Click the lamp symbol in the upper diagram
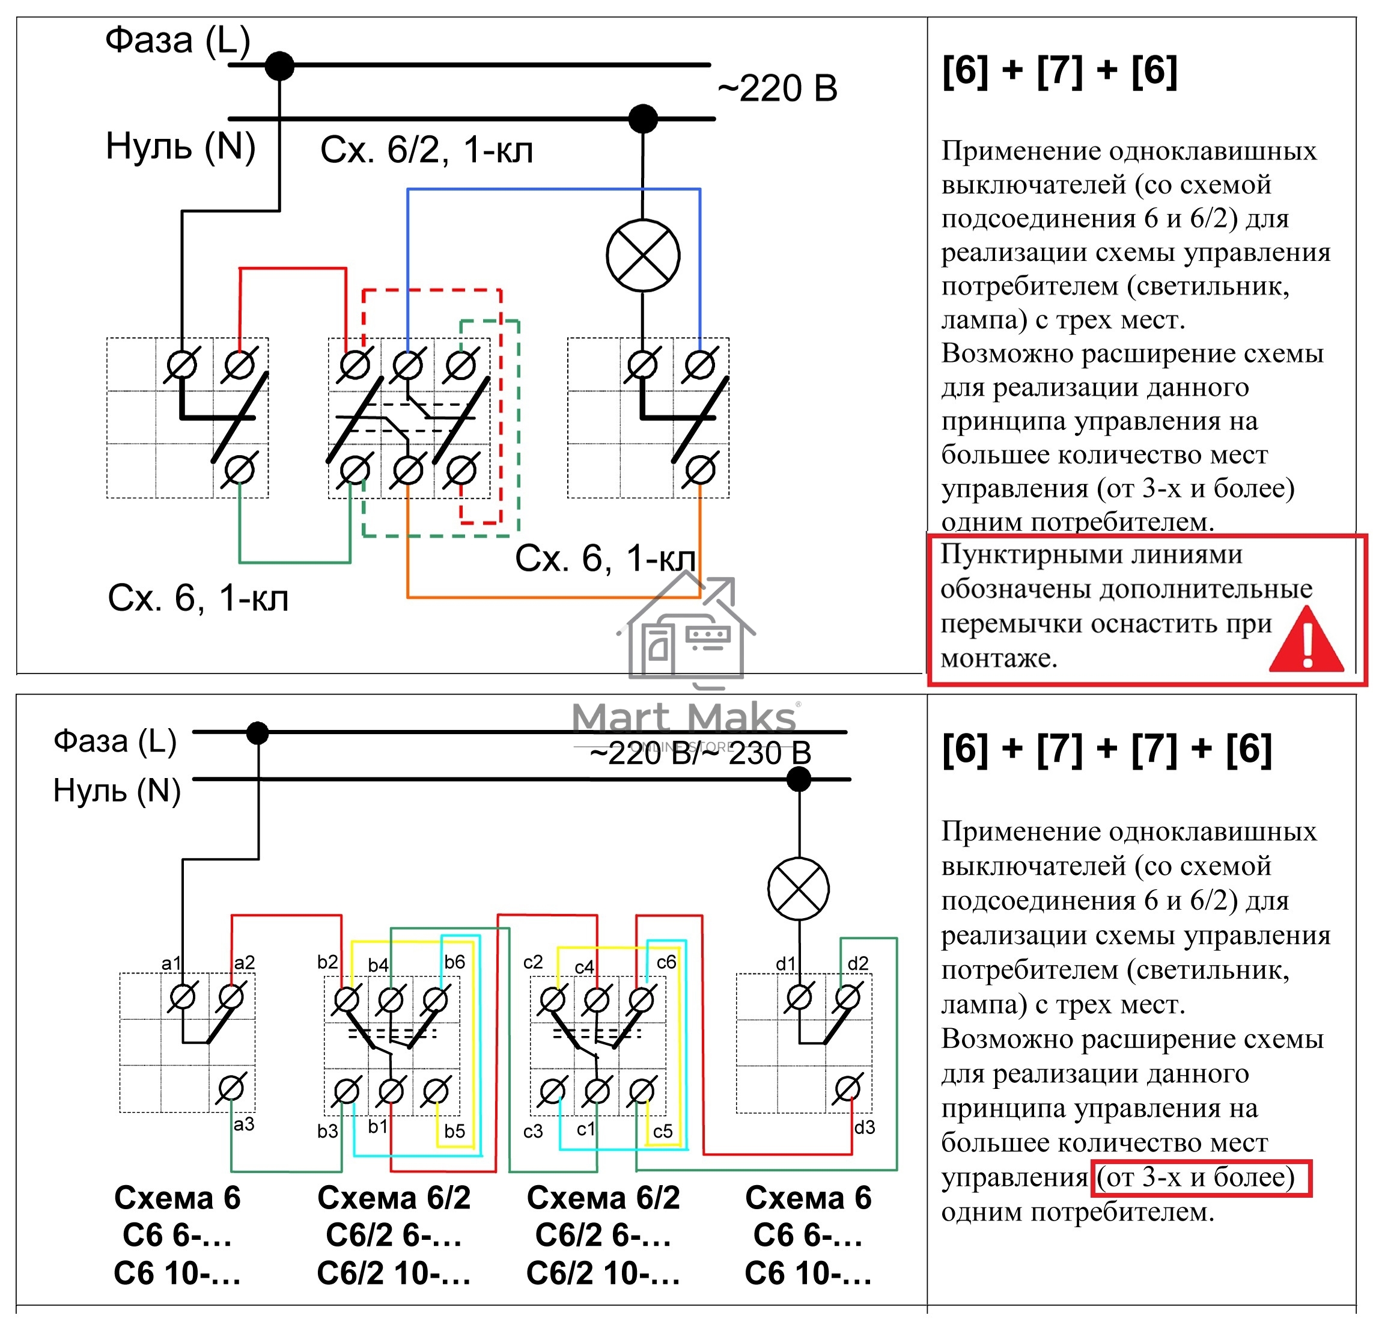tap(642, 255)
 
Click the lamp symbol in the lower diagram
tap(799, 889)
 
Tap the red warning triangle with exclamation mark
tap(1306, 639)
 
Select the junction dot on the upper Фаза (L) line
tap(279, 66)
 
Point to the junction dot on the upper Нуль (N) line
tap(643, 118)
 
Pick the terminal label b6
tap(455, 961)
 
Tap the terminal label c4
tap(584, 967)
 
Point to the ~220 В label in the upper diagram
tap(778, 89)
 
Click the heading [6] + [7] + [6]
tap(1060, 72)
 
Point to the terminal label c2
tap(533, 962)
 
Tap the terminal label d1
tap(785, 964)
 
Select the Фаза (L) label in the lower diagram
tap(115, 741)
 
